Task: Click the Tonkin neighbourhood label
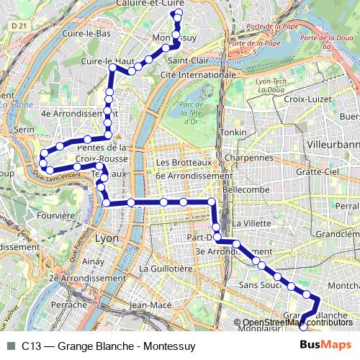(x=234, y=133)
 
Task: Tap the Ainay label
(x=94, y=261)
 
